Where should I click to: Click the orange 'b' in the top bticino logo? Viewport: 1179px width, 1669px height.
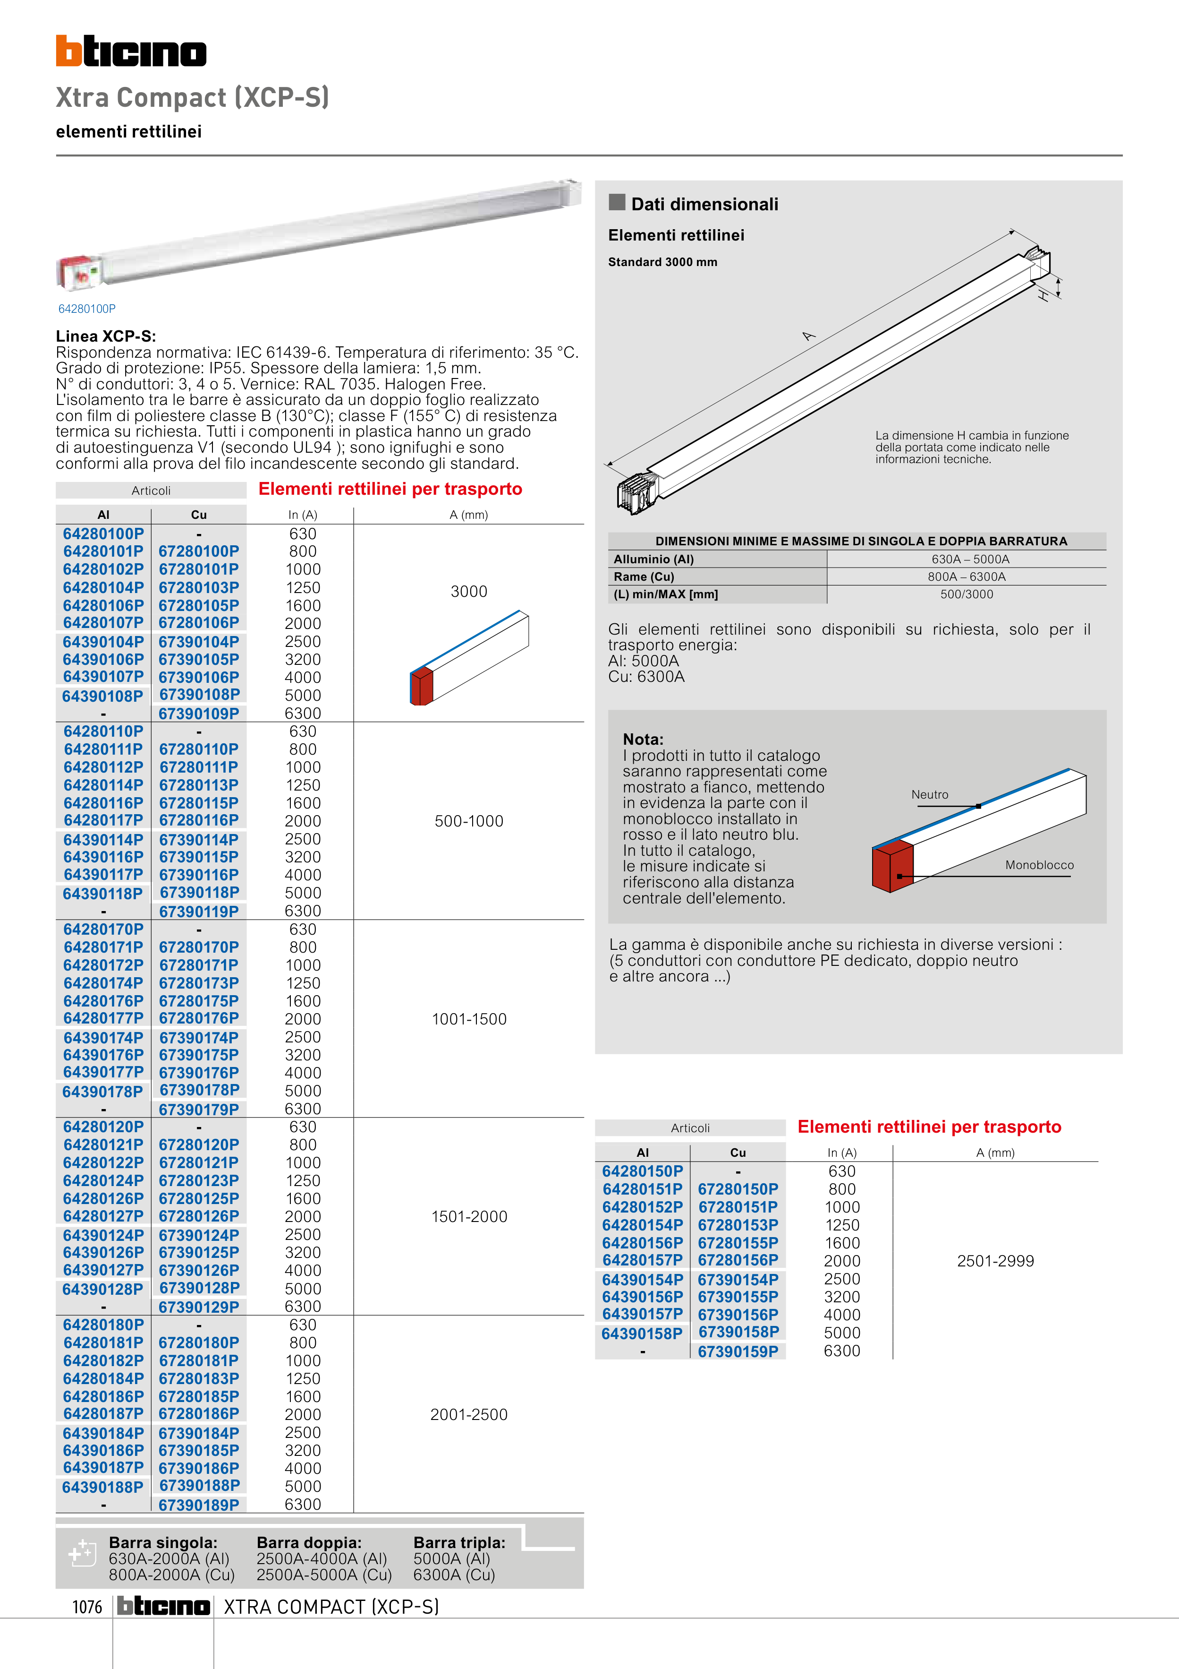click(69, 52)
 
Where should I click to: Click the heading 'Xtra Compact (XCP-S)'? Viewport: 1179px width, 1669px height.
click(193, 97)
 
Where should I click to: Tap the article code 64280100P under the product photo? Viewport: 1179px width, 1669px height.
click(87, 309)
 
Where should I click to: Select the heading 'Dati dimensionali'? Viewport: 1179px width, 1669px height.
click(704, 204)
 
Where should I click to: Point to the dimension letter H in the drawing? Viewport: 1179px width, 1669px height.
click(1043, 296)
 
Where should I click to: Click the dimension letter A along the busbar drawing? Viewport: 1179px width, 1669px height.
click(808, 336)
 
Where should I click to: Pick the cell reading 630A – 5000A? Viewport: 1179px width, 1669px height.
click(970, 559)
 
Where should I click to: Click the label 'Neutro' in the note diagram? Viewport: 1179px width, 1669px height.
click(930, 794)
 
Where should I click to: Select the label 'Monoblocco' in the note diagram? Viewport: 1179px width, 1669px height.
click(1039, 865)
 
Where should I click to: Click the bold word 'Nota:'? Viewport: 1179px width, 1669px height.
click(643, 739)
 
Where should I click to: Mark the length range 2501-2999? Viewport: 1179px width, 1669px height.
click(995, 1261)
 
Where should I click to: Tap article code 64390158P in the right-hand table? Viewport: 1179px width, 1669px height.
click(642, 1334)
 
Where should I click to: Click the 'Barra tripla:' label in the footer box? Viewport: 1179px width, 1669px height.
click(459, 1542)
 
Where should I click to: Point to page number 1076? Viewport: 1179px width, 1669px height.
click(87, 1607)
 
